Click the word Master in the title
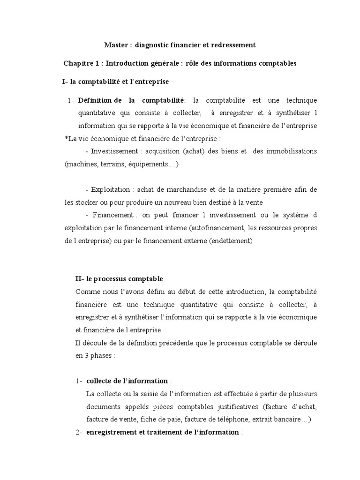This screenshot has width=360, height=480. point(115,45)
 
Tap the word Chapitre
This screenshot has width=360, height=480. point(78,63)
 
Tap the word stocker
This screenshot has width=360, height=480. point(86,202)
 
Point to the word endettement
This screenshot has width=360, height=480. point(232,240)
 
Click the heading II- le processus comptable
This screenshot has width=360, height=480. point(119,279)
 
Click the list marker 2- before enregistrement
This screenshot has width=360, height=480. point(79,432)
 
